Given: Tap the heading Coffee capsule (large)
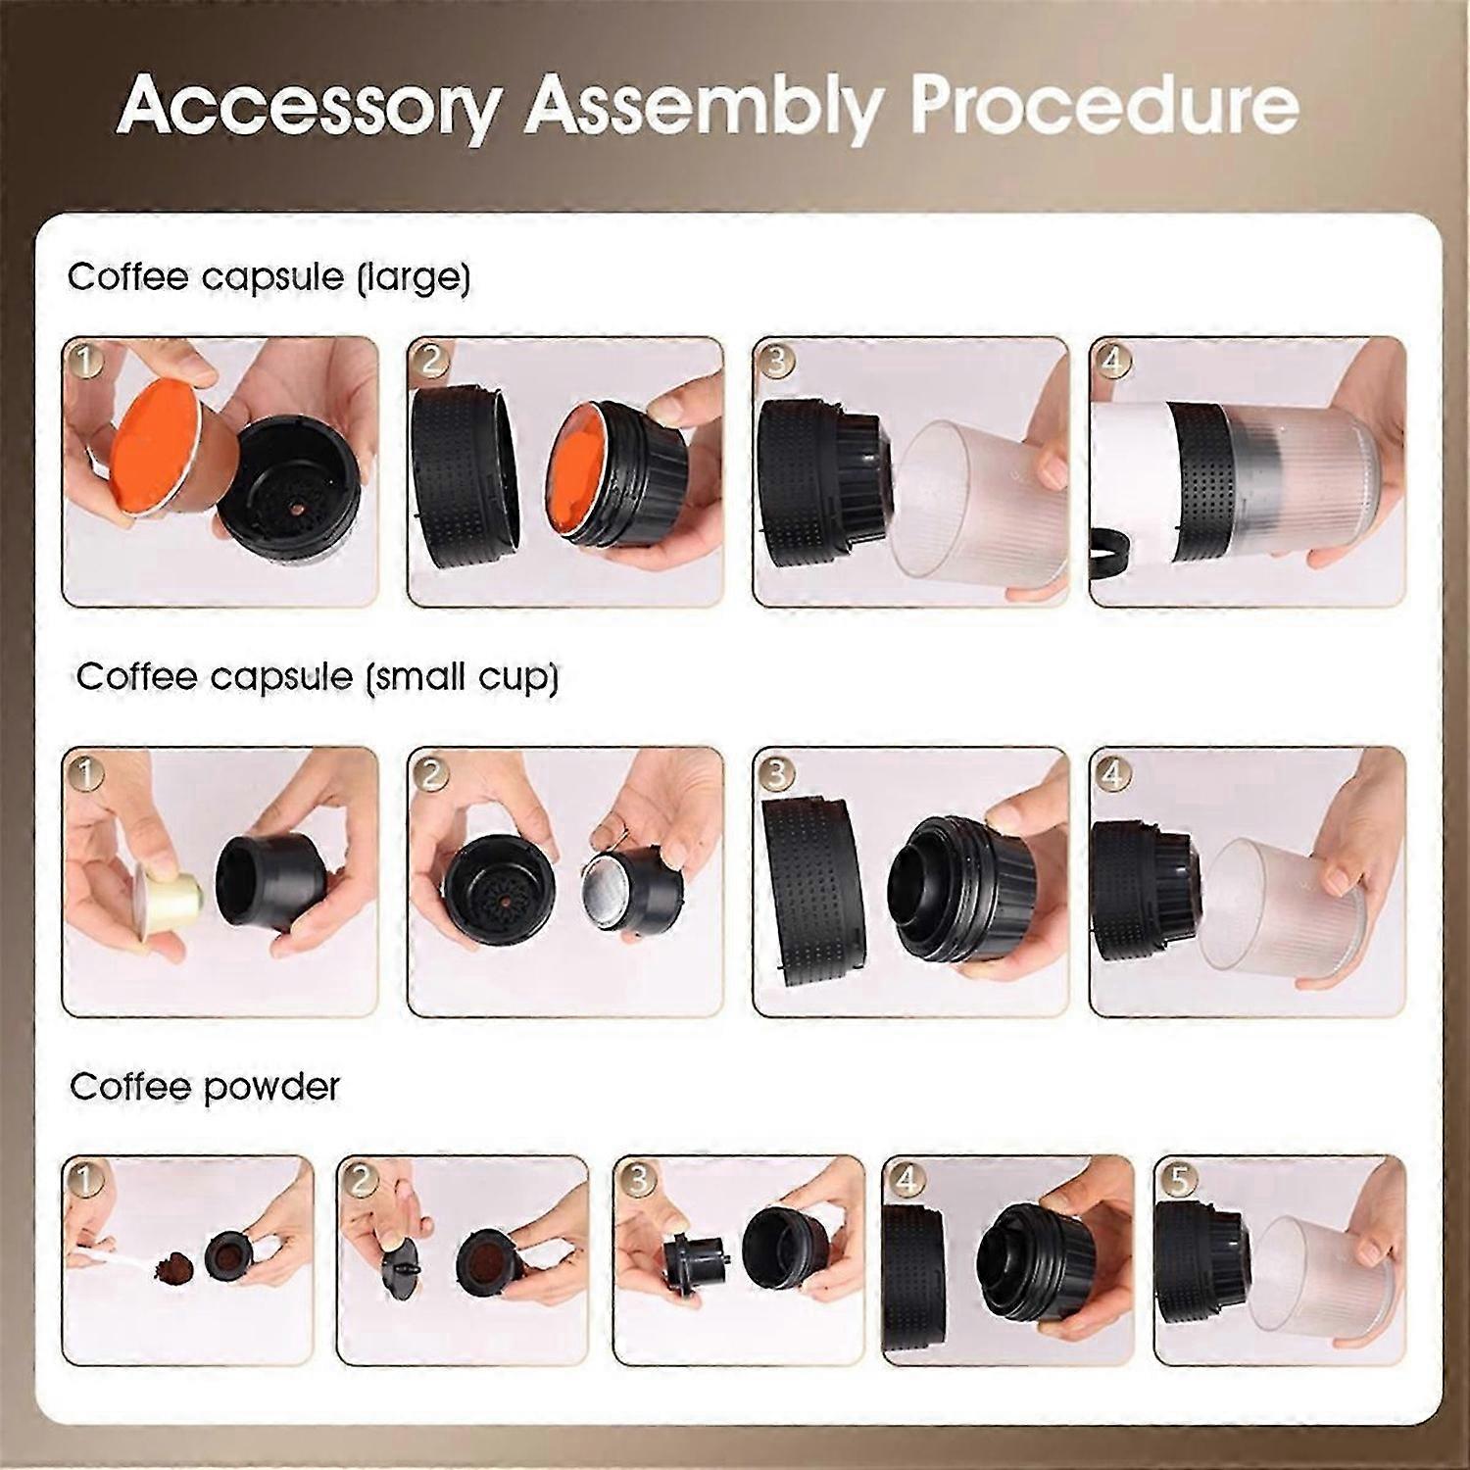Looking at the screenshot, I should (x=269, y=277).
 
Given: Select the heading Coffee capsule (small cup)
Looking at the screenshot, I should (x=317, y=677).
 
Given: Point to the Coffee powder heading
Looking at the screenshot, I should (x=205, y=1087).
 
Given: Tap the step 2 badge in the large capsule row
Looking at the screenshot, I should (x=431, y=360).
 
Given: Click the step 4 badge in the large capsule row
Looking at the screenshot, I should (x=1113, y=360).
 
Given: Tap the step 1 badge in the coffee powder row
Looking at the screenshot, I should (x=85, y=1180).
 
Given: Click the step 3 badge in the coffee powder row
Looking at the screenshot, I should (x=637, y=1180).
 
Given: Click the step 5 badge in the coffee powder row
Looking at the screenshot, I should (x=1179, y=1180).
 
